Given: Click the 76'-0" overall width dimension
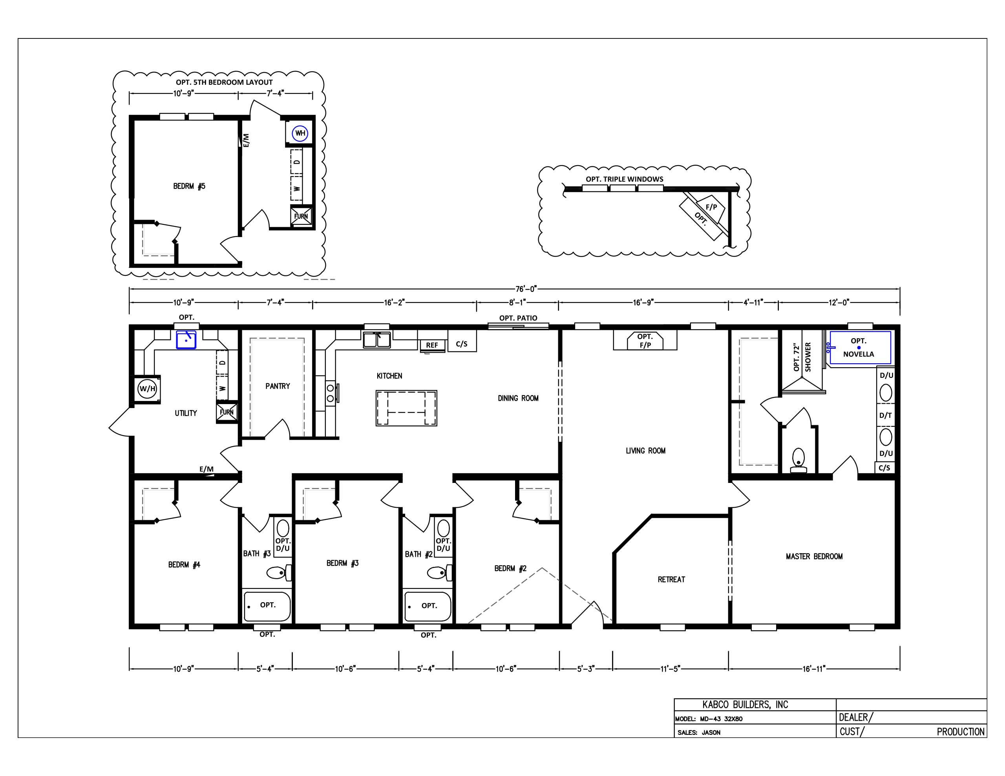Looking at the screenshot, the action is tap(526, 289).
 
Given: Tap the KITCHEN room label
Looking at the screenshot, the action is tap(389, 376).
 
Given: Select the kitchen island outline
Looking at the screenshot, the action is tap(406, 408).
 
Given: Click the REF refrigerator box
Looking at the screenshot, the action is tap(432, 345).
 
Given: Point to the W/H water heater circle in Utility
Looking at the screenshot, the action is tap(147, 389).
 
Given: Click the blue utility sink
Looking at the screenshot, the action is tap(186, 339).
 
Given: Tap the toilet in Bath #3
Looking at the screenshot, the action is tap(279, 573).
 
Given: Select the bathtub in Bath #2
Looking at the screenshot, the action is tap(428, 606).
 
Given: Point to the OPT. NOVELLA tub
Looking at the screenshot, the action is tap(859, 348).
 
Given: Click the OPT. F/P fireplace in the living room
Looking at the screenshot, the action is tap(645, 341).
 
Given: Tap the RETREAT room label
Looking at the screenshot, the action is tap(671, 579).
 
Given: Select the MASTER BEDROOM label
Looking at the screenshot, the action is tap(814, 557).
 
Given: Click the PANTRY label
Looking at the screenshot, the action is tap(278, 386).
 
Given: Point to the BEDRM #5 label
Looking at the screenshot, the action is tap(189, 186).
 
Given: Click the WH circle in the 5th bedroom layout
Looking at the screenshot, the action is tap(300, 133).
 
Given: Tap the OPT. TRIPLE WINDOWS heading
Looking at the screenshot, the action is tap(625, 179).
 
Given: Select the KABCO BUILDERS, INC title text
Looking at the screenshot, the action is tap(745, 705).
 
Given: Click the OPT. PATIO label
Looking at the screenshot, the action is tap(518, 318).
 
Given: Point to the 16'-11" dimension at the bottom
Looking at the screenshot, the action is tap(814, 669).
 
